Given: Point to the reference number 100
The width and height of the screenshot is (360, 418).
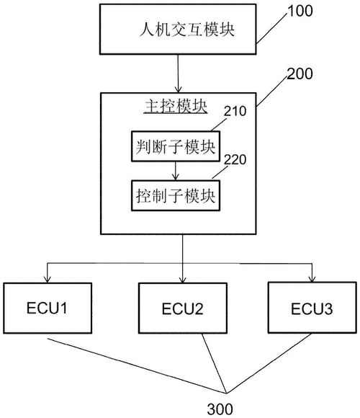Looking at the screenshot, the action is pyautogui.click(x=300, y=12).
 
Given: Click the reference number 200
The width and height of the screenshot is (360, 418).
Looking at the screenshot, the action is pyautogui.click(x=300, y=74).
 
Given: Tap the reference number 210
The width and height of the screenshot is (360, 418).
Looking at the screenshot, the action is pyautogui.click(x=235, y=111).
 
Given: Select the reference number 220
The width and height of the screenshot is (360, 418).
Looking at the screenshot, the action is pyautogui.click(x=235, y=160).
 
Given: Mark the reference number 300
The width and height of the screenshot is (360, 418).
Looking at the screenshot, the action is pyautogui.click(x=220, y=409).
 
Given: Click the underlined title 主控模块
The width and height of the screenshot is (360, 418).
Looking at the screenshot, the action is pyautogui.click(x=176, y=107).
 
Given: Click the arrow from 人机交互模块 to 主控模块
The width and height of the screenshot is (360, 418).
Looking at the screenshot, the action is pyautogui.click(x=178, y=74).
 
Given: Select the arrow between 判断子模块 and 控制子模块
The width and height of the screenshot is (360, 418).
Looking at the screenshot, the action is pyautogui.click(x=175, y=171).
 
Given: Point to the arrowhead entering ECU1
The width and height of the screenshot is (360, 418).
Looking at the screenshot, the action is pyautogui.click(x=47, y=279).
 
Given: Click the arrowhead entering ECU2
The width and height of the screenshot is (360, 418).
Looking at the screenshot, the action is pyautogui.click(x=182, y=279).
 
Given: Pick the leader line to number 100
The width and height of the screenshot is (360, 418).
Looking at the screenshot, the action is pyautogui.click(x=272, y=28).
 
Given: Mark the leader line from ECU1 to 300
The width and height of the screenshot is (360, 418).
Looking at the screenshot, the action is pyautogui.click(x=137, y=366).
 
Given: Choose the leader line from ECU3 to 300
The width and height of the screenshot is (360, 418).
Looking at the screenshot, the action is pyautogui.click(x=269, y=363).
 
